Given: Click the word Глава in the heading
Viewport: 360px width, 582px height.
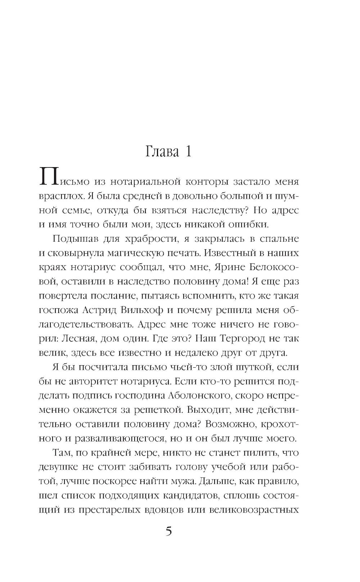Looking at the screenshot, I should (162, 152).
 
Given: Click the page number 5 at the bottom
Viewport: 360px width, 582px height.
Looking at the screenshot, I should (169, 532).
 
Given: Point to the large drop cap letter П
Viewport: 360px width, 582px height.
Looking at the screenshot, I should (49, 177).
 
